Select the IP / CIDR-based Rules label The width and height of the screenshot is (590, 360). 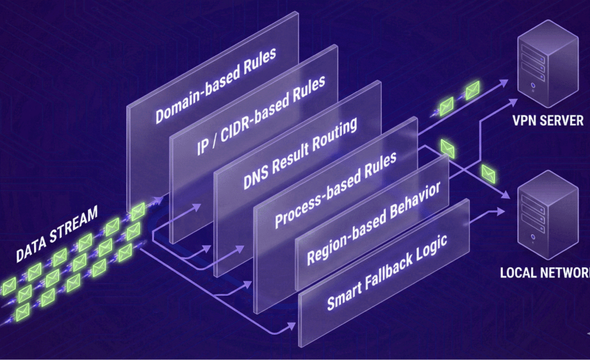[x=260, y=115]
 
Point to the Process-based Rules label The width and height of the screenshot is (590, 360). [x=336, y=188]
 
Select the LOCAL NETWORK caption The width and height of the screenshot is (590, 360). [x=544, y=273]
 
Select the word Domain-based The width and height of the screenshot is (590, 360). [x=192, y=99]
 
